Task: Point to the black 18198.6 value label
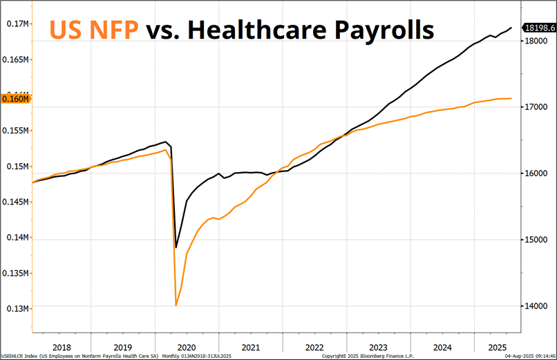click(x=539, y=28)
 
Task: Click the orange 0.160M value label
click(x=17, y=99)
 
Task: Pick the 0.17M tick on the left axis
click(x=19, y=23)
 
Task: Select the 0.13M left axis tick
click(x=19, y=308)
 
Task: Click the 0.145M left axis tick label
click(x=17, y=202)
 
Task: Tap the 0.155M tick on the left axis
click(x=17, y=131)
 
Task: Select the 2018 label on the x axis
click(x=62, y=347)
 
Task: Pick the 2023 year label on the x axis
click(x=377, y=347)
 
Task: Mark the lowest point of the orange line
click(x=176, y=305)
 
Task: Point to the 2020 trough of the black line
click(x=176, y=247)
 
